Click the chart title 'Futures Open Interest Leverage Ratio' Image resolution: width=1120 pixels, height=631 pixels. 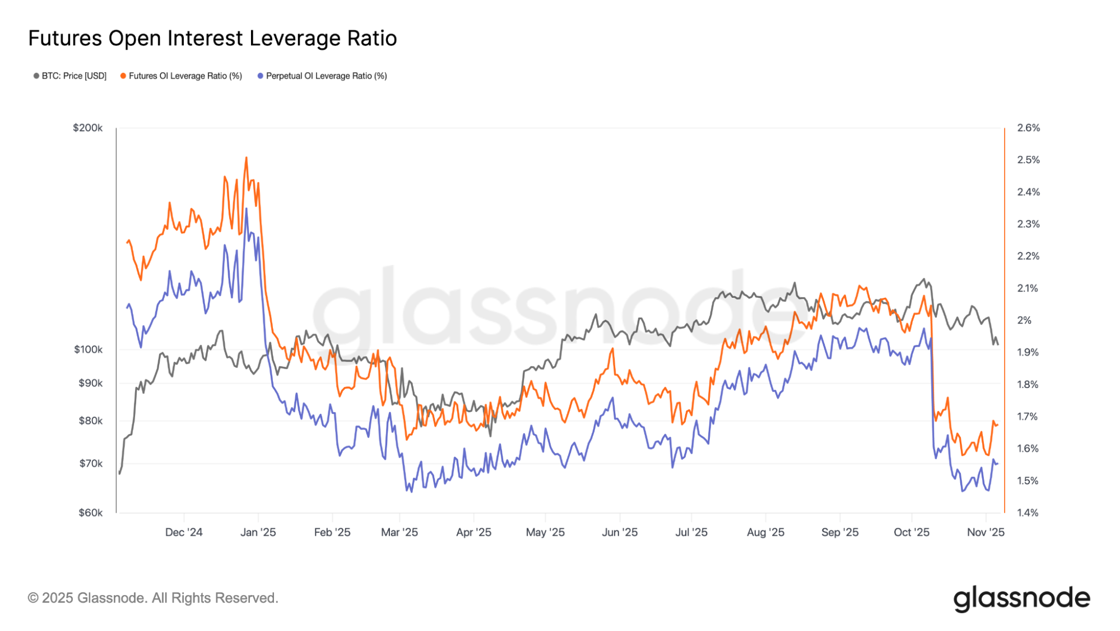tap(212, 38)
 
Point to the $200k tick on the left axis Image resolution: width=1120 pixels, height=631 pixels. tap(88, 128)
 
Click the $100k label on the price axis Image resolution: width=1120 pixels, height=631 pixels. tap(89, 349)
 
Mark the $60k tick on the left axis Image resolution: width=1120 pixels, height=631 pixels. tap(90, 513)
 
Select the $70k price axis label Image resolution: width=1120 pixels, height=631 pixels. tap(91, 463)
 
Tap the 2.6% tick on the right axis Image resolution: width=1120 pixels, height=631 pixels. tap(1029, 128)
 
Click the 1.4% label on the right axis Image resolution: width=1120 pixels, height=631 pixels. tap(1028, 513)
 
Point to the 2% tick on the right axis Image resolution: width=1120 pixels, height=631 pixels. tap(1024, 320)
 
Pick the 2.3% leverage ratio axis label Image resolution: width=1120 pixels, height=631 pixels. tap(1029, 224)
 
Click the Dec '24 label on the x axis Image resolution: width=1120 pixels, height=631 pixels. tap(184, 532)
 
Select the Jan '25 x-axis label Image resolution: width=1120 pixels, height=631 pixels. tap(258, 532)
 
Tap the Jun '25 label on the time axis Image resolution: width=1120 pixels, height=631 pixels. tap(620, 532)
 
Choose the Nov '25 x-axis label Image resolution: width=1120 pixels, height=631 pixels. tap(986, 532)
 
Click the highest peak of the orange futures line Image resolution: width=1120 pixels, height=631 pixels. tap(246, 158)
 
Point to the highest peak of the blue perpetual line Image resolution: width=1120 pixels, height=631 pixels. tap(246, 209)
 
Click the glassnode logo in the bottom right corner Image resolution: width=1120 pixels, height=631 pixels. tap(1021, 599)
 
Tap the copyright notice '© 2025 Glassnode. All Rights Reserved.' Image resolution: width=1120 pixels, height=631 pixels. tap(153, 598)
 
